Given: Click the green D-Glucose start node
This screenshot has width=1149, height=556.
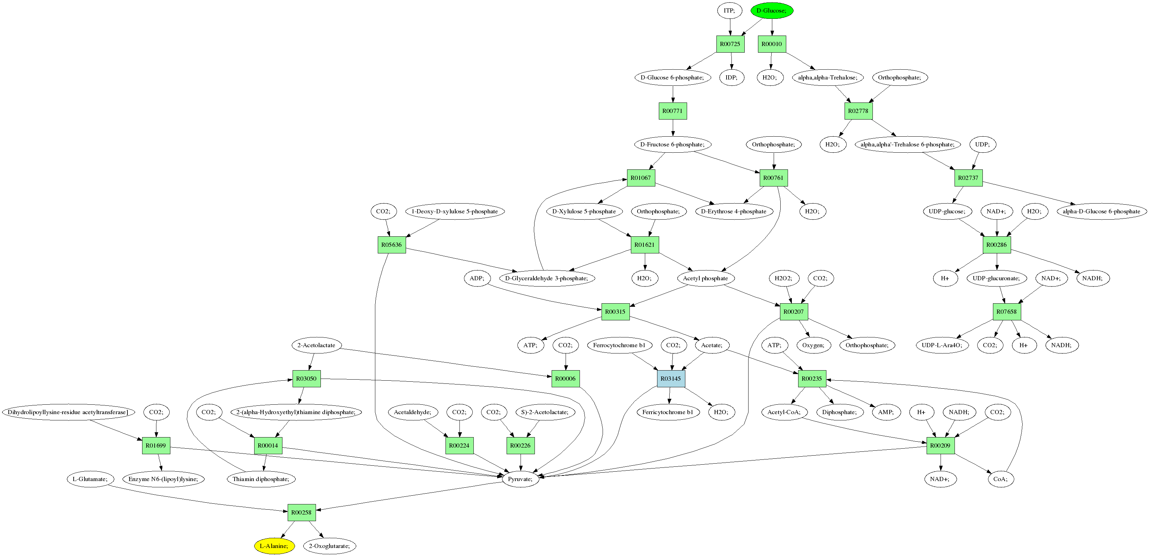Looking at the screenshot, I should (x=772, y=10).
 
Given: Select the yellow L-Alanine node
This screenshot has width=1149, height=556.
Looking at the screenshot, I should (x=274, y=546).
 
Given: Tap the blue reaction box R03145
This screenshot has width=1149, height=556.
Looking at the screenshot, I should (x=671, y=379).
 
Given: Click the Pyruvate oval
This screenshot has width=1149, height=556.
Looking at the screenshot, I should (x=520, y=479).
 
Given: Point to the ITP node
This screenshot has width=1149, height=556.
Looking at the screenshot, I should (x=729, y=10).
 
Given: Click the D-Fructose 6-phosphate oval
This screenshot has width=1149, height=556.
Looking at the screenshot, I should (x=672, y=144).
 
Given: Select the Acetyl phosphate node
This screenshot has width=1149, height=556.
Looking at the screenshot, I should (x=705, y=279).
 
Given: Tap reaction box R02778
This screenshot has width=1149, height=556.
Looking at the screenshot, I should (x=858, y=111).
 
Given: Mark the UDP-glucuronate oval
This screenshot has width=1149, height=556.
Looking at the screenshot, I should (x=996, y=279).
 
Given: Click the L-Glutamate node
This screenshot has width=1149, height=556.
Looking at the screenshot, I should (x=90, y=479).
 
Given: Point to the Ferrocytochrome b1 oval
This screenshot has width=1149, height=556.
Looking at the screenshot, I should (x=619, y=345).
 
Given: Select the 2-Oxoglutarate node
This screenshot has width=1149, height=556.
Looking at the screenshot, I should (x=330, y=546).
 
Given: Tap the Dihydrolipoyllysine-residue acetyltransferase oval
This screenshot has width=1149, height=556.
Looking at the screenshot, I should (x=68, y=412).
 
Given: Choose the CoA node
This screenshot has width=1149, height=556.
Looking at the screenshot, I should (x=1000, y=479).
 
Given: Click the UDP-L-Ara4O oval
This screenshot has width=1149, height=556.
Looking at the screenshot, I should (x=942, y=345).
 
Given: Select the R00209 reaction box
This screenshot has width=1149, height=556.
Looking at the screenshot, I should (x=940, y=445).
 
